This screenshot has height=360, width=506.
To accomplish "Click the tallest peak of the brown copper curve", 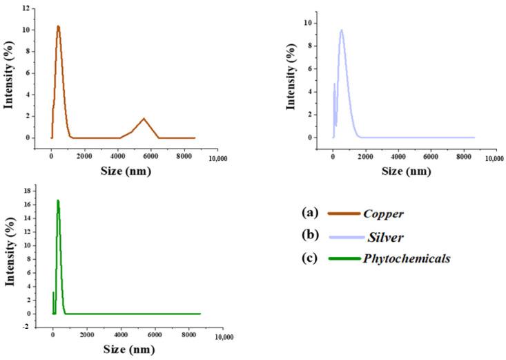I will point(59,27).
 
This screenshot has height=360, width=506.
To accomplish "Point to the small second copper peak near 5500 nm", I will point(144,119).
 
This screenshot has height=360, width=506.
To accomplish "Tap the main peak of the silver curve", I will point(341,30).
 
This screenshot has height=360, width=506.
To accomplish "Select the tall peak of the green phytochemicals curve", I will point(58,201).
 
